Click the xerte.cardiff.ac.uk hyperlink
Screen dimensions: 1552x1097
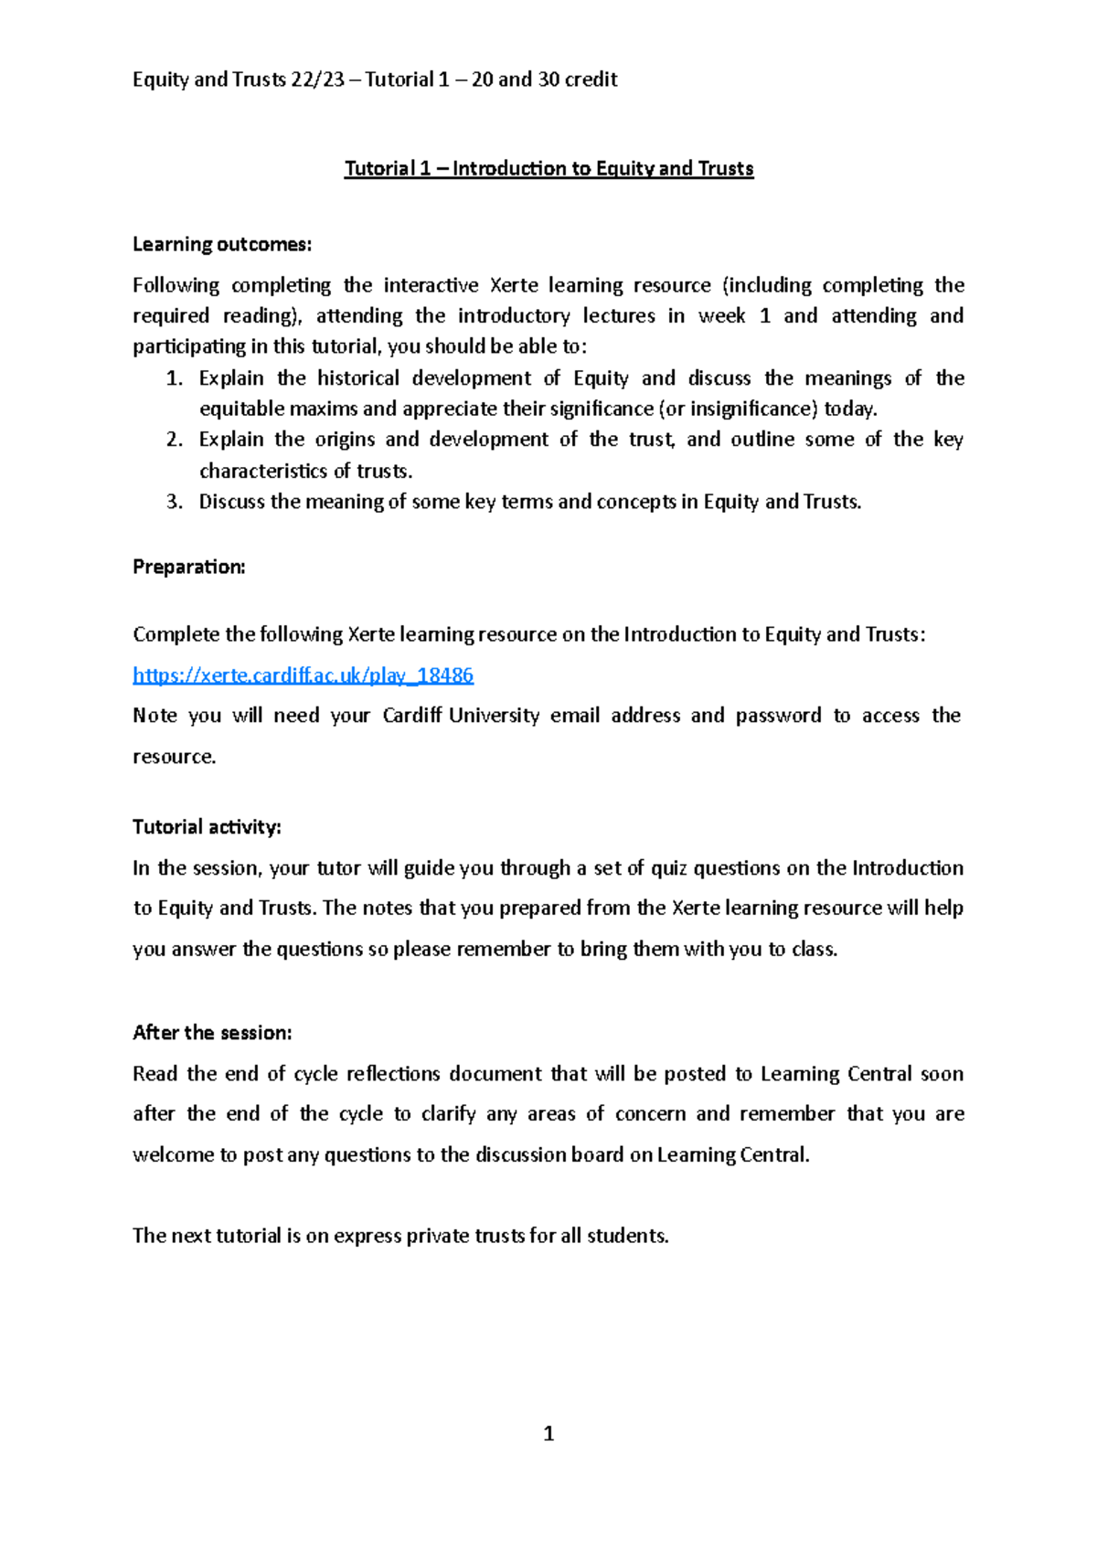tap(303, 675)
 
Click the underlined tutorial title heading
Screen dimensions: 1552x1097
tap(548, 168)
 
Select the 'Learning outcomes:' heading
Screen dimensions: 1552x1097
tap(222, 244)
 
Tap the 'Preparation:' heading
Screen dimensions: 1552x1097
tap(189, 567)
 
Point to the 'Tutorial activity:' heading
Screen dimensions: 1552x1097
tap(207, 827)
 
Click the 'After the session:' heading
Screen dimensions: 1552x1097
tap(212, 1033)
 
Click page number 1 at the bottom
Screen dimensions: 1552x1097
tap(548, 1434)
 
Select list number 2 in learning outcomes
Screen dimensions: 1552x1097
tap(175, 440)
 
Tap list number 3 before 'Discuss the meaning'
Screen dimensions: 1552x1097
tap(175, 502)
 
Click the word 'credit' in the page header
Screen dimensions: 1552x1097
tap(591, 80)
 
